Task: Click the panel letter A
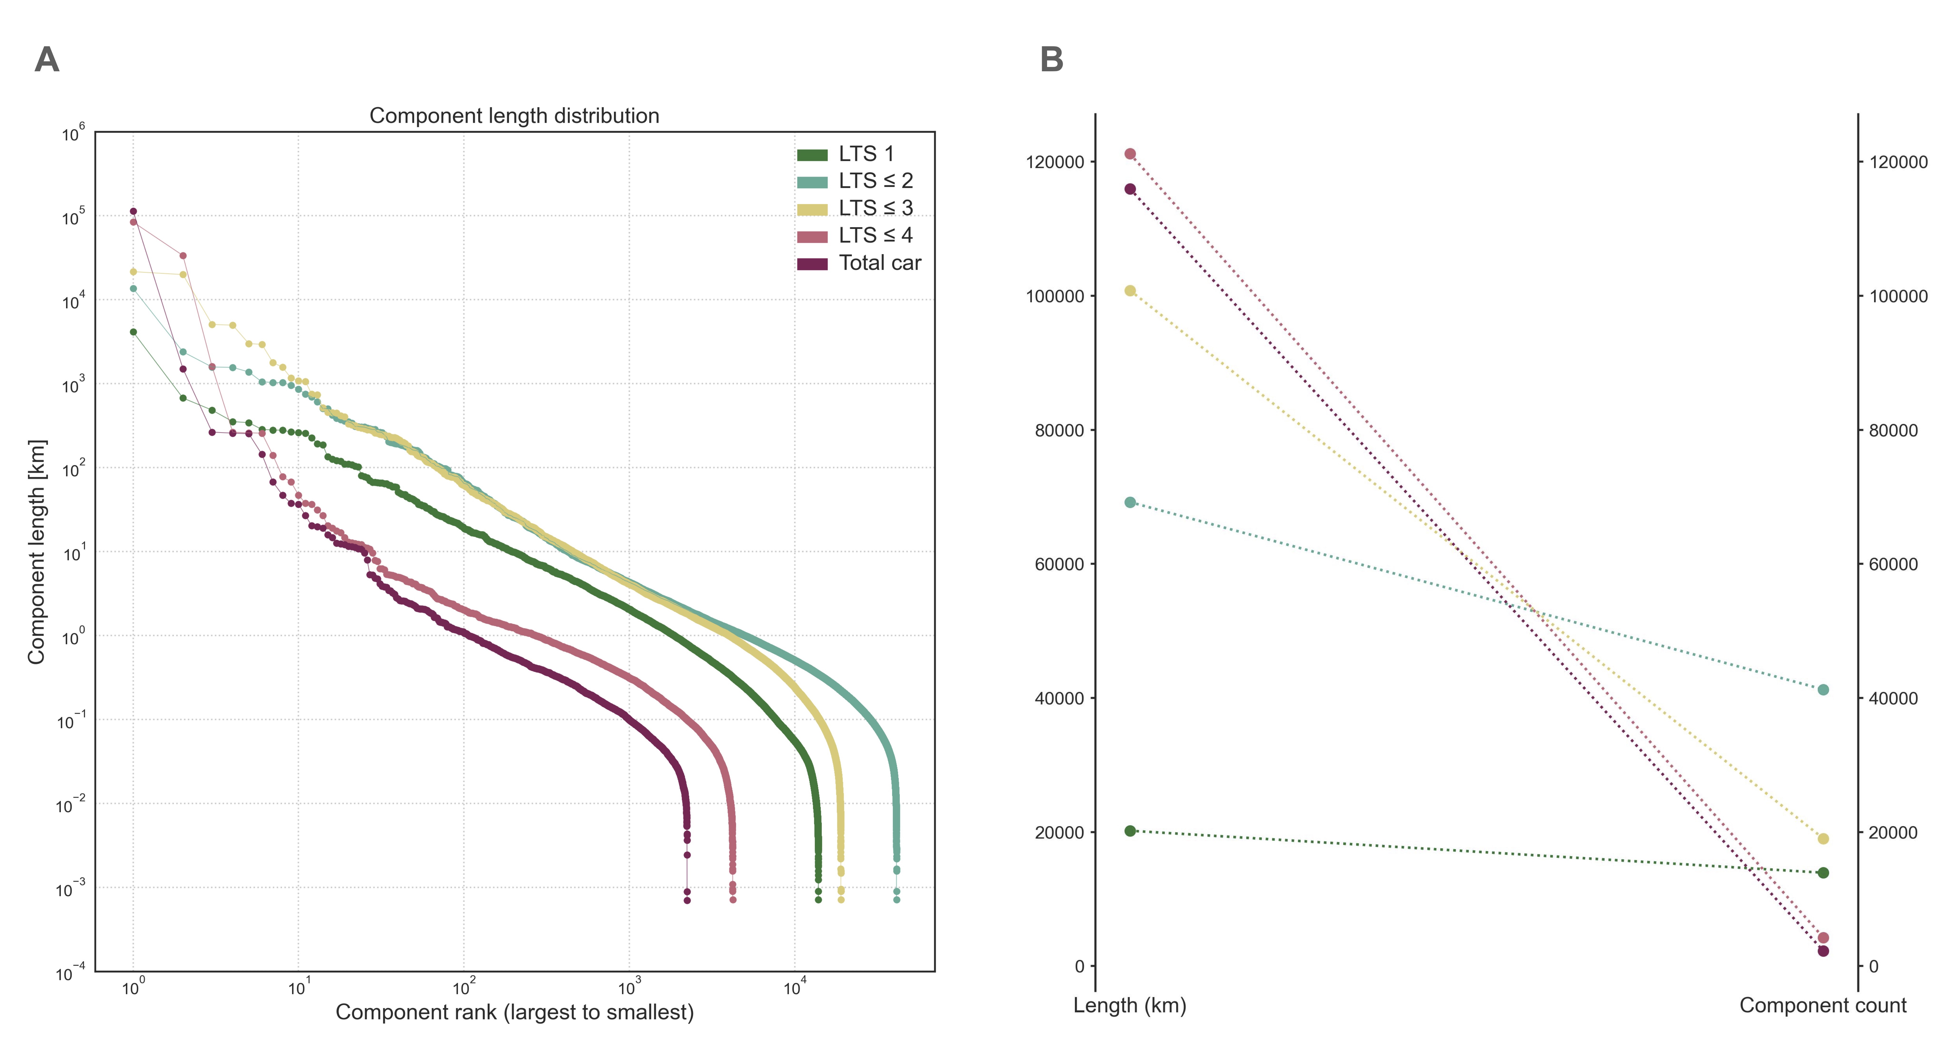click(47, 59)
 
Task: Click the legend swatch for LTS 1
click(812, 155)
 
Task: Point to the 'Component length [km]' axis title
click(36, 551)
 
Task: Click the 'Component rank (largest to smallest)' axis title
click(514, 1012)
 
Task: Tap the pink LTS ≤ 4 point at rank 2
click(182, 255)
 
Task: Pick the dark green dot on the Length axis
click(1130, 831)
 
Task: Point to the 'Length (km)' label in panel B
click(1130, 1005)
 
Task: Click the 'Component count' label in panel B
click(1823, 1005)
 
